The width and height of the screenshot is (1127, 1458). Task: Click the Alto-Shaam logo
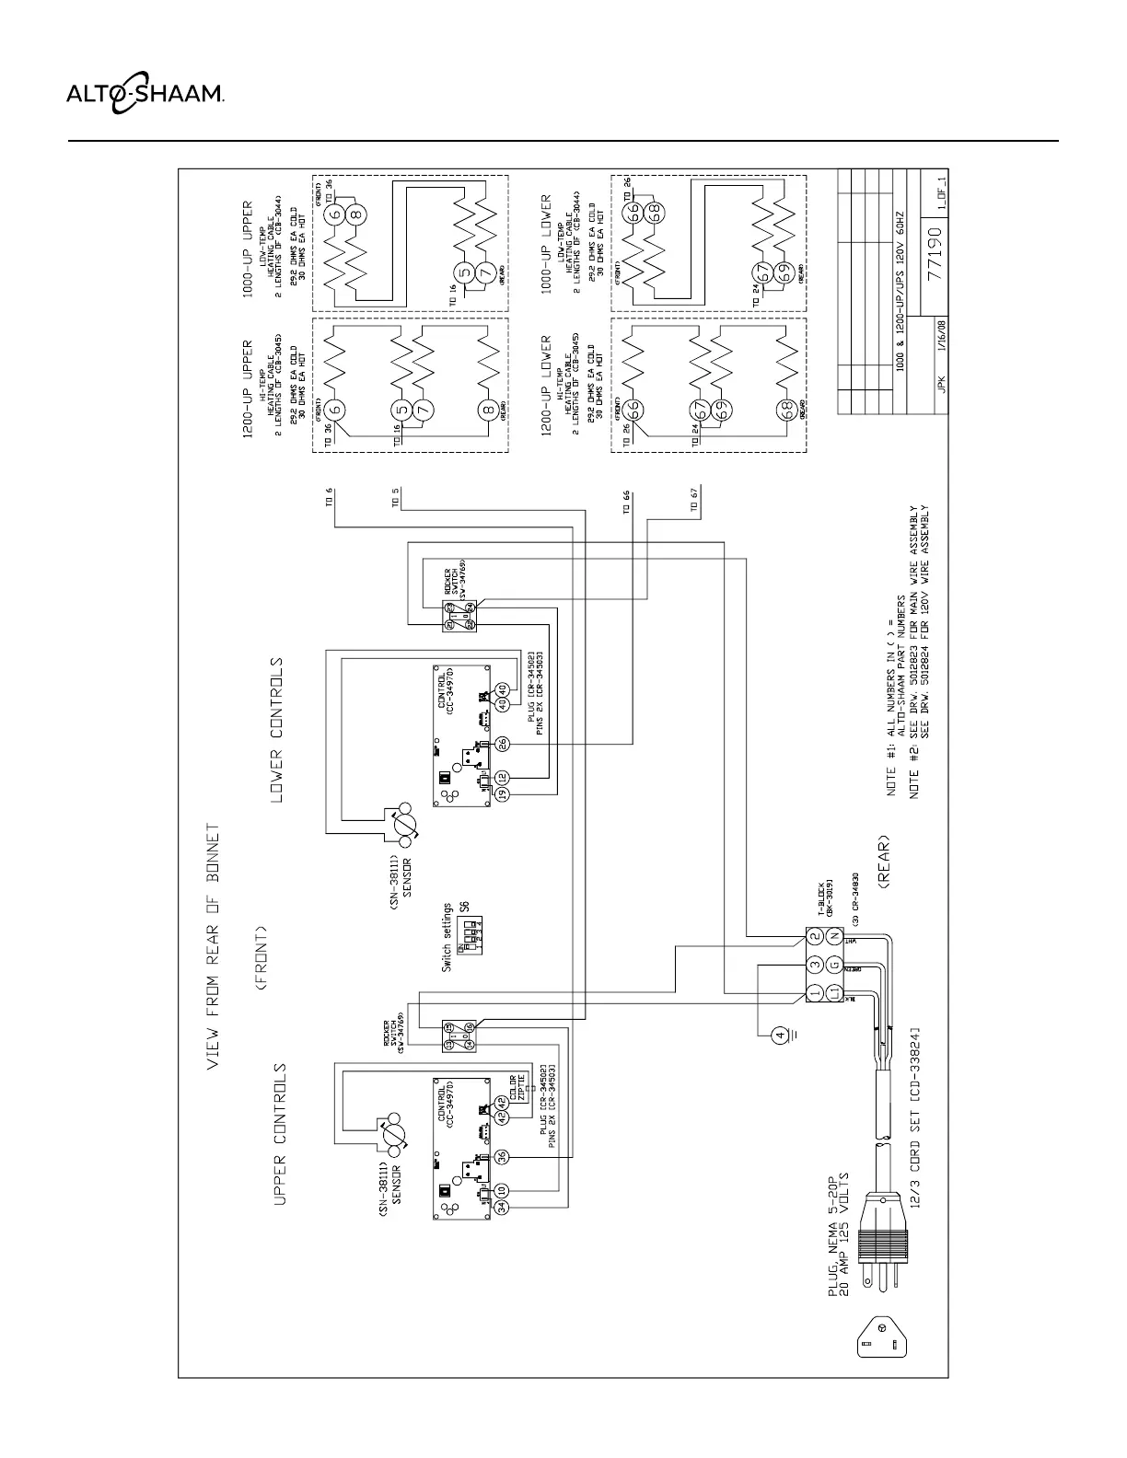coord(145,93)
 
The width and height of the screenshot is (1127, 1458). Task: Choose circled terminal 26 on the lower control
coord(503,745)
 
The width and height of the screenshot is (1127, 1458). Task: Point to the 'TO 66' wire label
coord(626,502)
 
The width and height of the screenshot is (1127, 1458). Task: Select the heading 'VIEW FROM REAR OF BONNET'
coord(213,946)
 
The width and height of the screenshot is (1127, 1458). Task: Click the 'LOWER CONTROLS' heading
coord(277,728)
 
